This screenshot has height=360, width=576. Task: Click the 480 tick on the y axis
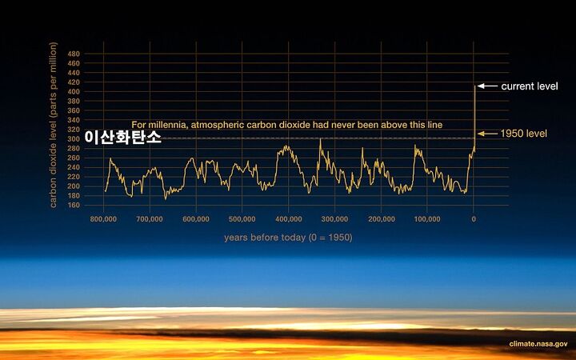pyautogui.click(x=74, y=54)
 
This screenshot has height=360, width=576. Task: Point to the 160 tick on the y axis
pyautogui.click(x=74, y=205)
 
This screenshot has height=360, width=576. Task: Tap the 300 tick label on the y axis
pyautogui.click(x=74, y=139)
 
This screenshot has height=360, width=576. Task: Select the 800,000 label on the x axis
pyautogui.click(x=103, y=219)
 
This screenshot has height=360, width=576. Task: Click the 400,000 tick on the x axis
pyautogui.click(x=288, y=219)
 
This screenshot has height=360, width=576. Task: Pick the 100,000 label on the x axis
pyautogui.click(x=427, y=219)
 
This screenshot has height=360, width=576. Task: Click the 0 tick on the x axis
pyautogui.click(x=474, y=219)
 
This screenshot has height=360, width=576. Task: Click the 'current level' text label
pyautogui.click(x=530, y=86)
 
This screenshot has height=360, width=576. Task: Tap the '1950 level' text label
pyautogui.click(x=524, y=134)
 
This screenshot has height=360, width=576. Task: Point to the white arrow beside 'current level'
pyautogui.click(x=487, y=86)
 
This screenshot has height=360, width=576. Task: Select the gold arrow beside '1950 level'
pyautogui.click(x=487, y=134)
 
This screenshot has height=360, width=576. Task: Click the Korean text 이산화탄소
pyautogui.click(x=122, y=138)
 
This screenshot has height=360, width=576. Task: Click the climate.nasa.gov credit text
pyautogui.click(x=538, y=344)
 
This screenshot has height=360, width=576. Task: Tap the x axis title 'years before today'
pyautogui.click(x=265, y=238)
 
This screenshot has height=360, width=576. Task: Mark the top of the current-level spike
pyautogui.click(x=474, y=86)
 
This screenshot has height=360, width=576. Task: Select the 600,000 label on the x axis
pyautogui.click(x=196, y=219)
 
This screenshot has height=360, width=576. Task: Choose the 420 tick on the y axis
pyautogui.click(x=74, y=82)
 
